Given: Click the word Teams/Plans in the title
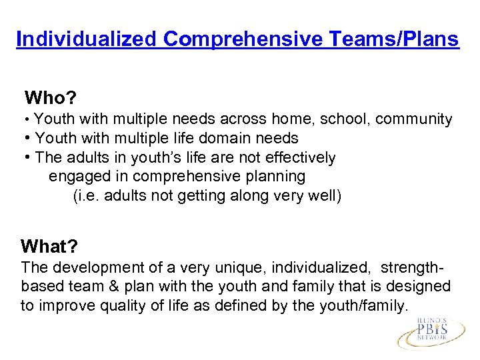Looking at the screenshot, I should (394, 39).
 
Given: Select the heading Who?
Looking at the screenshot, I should (50, 99).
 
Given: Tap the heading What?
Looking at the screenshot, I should (49, 247).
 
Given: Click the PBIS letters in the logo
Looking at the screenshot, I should (433, 330).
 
